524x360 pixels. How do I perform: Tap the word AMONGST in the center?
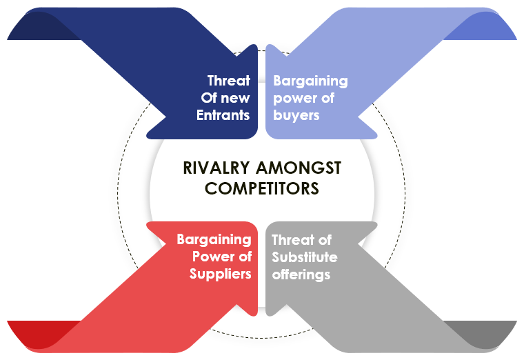299,168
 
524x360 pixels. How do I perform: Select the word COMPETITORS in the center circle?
262,188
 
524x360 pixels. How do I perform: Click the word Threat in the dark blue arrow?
229,81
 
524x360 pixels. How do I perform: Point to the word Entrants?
223,115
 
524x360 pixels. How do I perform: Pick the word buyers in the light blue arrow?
296,116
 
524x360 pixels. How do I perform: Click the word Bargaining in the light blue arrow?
310,81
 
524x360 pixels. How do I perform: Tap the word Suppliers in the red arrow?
220,274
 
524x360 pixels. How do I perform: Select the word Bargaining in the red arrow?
214,240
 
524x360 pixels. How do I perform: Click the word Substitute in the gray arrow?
305,257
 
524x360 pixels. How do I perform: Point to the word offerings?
301,274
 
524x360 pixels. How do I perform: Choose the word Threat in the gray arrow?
292,240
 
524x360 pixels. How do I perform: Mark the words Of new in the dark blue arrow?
225,98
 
